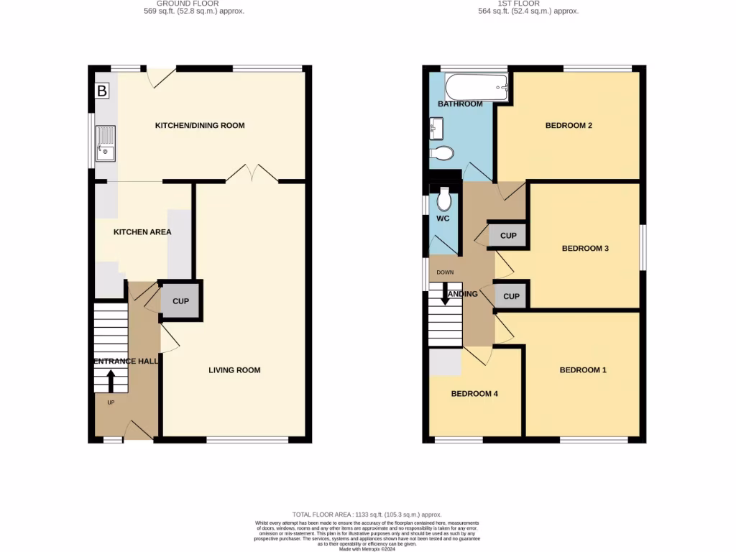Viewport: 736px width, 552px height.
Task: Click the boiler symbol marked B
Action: pyautogui.click(x=102, y=91)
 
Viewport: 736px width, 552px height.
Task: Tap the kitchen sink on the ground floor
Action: pyautogui.click(x=105, y=144)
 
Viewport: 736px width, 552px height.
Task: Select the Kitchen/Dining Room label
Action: pyautogui.click(x=200, y=125)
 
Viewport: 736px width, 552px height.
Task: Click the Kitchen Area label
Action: pyautogui.click(x=142, y=232)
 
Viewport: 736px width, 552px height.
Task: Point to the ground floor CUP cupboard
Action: pyautogui.click(x=180, y=301)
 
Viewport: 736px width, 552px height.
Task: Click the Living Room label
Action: pyautogui.click(x=234, y=370)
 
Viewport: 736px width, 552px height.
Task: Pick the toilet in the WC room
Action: pyautogui.click(x=443, y=198)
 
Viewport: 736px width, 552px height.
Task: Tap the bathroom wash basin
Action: pyautogui.click(x=436, y=131)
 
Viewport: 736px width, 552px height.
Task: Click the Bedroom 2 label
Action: pyautogui.click(x=569, y=126)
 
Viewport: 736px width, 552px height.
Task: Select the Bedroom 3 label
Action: pyautogui.click(x=585, y=249)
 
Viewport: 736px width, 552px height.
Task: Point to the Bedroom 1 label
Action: pyautogui.click(x=583, y=370)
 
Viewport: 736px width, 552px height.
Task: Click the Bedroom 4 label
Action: pyautogui.click(x=474, y=394)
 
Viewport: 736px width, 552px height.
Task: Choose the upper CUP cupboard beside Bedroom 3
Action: pyautogui.click(x=508, y=236)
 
